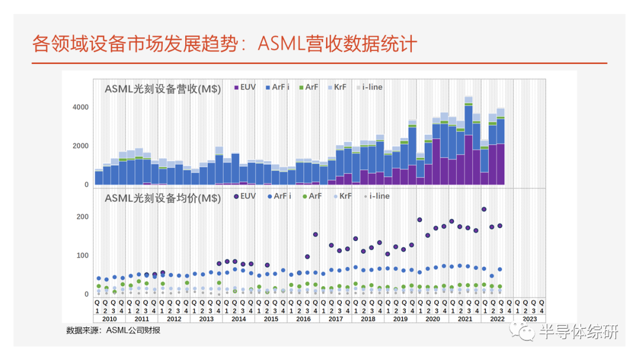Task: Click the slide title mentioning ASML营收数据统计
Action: (x=225, y=44)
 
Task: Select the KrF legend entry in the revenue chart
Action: (x=337, y=87)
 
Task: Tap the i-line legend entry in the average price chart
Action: (x=376, y=195)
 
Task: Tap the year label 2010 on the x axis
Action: (x=109, y=319)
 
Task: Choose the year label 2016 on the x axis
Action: (x=304, y=319)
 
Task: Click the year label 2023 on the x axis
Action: (x=530, y=319)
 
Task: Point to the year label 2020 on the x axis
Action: (x=433, y=319)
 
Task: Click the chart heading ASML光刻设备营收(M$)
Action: (x=163, y=89)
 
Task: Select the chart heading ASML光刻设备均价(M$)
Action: (x=163, y=198)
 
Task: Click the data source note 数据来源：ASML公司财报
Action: (x=113, y=330)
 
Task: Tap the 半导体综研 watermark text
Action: (x=578, y=333)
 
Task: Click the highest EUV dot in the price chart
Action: (x=484, y=209)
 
